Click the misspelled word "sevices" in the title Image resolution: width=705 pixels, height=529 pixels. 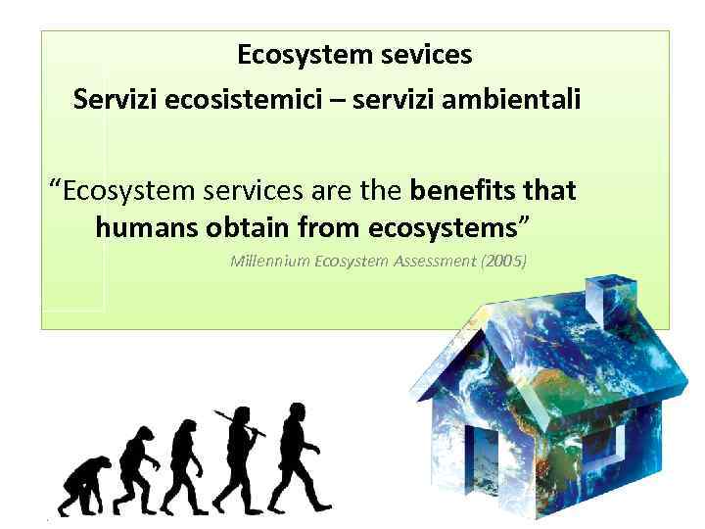[x=424, y=55]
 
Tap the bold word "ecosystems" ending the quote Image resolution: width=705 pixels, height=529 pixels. [x=443, y=229]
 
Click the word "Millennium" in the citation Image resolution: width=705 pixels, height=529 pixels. [x=264, y=262]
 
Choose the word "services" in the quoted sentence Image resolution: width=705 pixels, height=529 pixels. [x=246, y=189]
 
